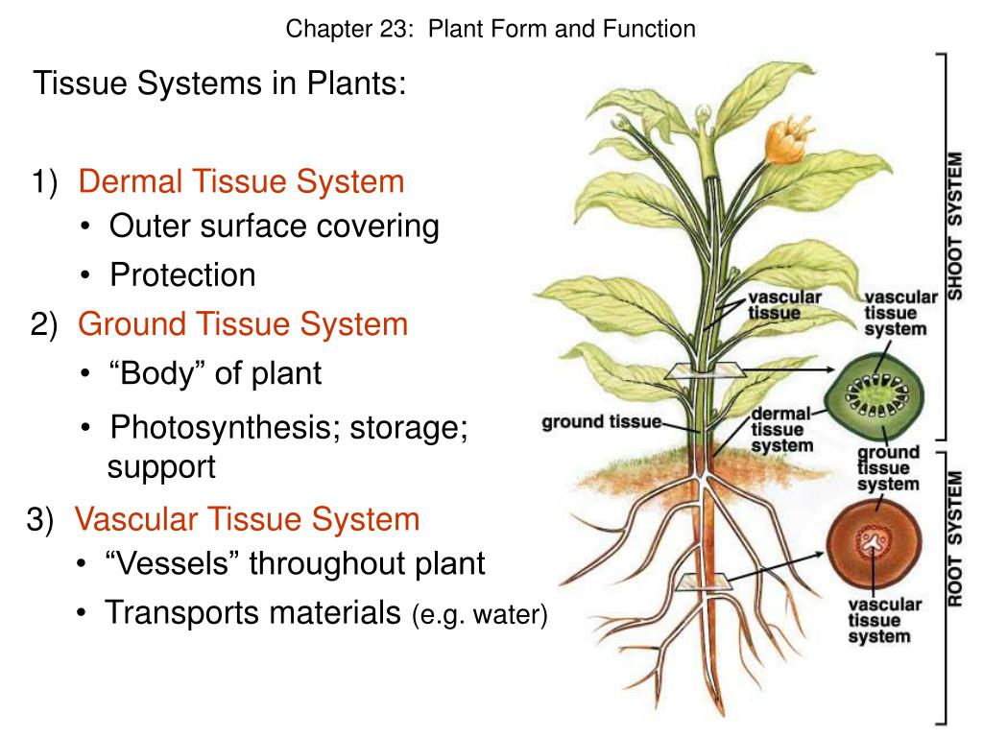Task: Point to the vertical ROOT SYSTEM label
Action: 956,537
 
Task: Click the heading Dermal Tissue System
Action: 241,180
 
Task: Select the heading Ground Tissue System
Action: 243,324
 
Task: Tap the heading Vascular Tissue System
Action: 248,520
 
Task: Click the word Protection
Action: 182,275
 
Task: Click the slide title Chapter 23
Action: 491,30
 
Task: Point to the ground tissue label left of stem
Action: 602,421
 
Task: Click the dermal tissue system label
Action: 781,429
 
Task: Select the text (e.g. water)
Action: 480,614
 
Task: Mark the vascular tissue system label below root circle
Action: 883,620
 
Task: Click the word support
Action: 161,467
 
